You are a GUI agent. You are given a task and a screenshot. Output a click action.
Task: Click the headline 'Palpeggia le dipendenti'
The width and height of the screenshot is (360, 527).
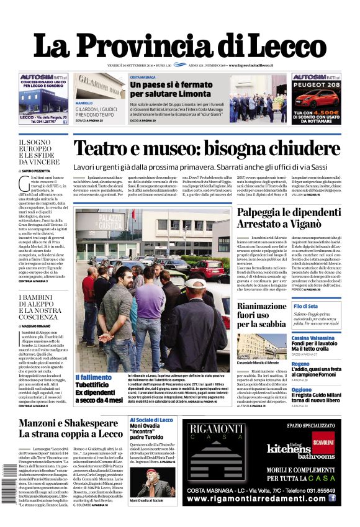coord(288,214)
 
